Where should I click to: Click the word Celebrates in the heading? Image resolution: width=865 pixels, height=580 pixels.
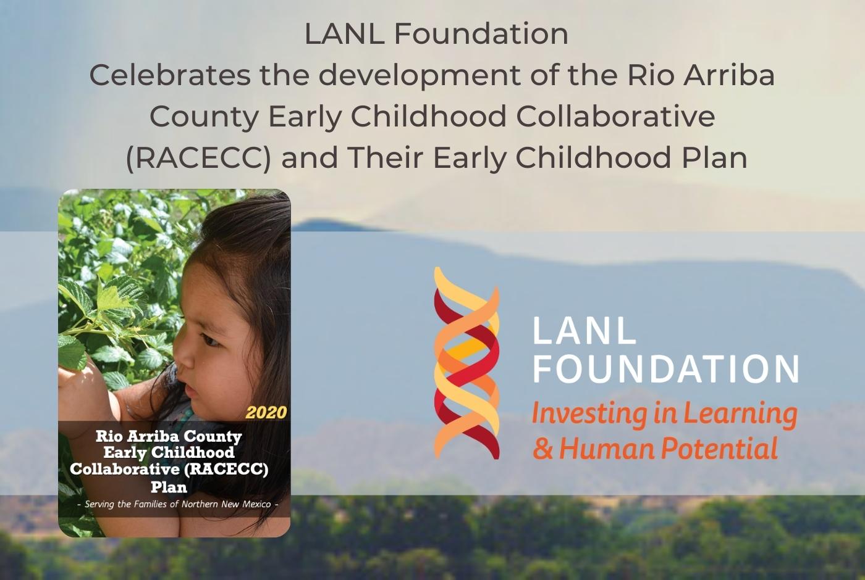[170, 75]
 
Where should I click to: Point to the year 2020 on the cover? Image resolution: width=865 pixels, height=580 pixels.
[266, 412]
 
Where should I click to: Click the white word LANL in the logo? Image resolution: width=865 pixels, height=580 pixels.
[584, 331]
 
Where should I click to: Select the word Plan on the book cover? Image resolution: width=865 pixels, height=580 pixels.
[169, 487]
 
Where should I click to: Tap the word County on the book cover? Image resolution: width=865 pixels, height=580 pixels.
[213, 436]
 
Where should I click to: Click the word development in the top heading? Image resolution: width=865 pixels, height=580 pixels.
[390, 75]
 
